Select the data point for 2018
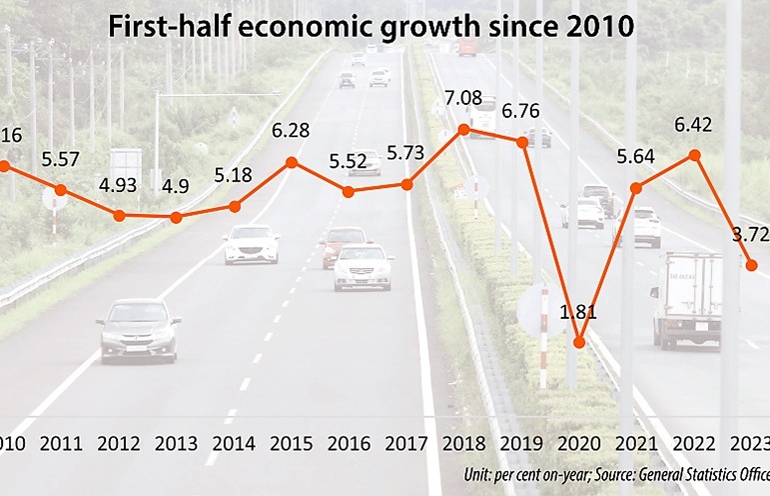click(463, 129)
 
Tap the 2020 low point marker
click(579, 343)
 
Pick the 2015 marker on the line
click(292, 162)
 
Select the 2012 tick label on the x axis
click(119, 443)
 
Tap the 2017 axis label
click(406, 443)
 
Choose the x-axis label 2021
click(636, 443)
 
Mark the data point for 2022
click(695, 155)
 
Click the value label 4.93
click(119, 187)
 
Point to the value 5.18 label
click(234, 177)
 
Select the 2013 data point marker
click(176, 217)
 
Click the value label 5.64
click(636, 157)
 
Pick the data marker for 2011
click(61, 189)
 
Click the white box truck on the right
click(688, 297)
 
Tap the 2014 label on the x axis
click(234, 443)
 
